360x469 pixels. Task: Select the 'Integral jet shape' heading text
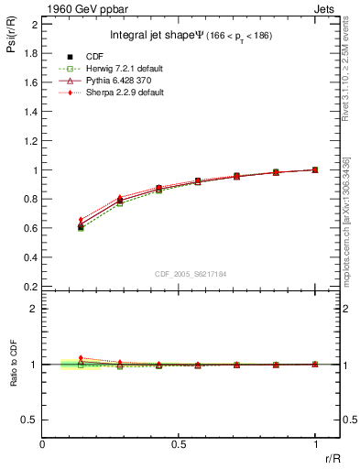140,36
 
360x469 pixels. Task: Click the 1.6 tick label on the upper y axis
29,82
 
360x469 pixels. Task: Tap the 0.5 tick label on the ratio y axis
29,420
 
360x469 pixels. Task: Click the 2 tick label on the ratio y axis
34,309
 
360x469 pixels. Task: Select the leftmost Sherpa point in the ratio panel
81,358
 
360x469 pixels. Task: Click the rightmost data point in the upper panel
315,169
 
